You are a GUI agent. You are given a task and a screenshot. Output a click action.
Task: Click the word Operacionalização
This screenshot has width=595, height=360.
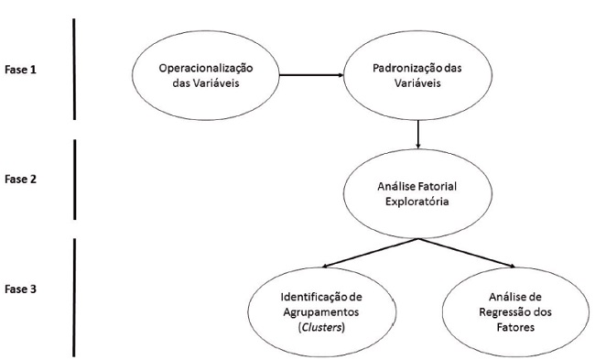pos(205,69)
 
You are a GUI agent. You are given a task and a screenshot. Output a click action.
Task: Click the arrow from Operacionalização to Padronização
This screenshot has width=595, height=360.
pos(309,75)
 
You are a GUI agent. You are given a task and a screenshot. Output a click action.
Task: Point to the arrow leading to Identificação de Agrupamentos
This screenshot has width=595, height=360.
pos(365,255)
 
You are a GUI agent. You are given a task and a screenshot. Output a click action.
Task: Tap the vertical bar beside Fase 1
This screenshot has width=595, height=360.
pos(73,69)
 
